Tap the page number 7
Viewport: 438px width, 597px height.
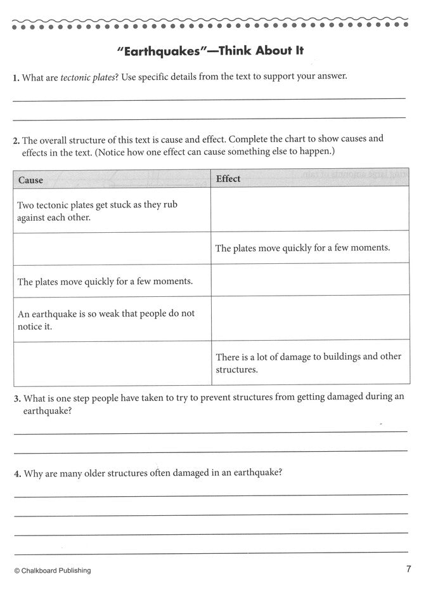coord(409,568)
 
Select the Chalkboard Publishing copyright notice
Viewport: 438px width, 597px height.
coord(52,570)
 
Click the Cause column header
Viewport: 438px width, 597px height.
coord(31,180)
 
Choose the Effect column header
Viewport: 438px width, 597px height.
coord(228,179)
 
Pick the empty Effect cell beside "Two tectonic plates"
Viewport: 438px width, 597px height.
coord(309,209)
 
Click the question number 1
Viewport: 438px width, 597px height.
coord(15,79)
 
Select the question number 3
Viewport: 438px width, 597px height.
coord(16,398)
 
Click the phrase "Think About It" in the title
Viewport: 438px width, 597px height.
coord(262,51)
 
